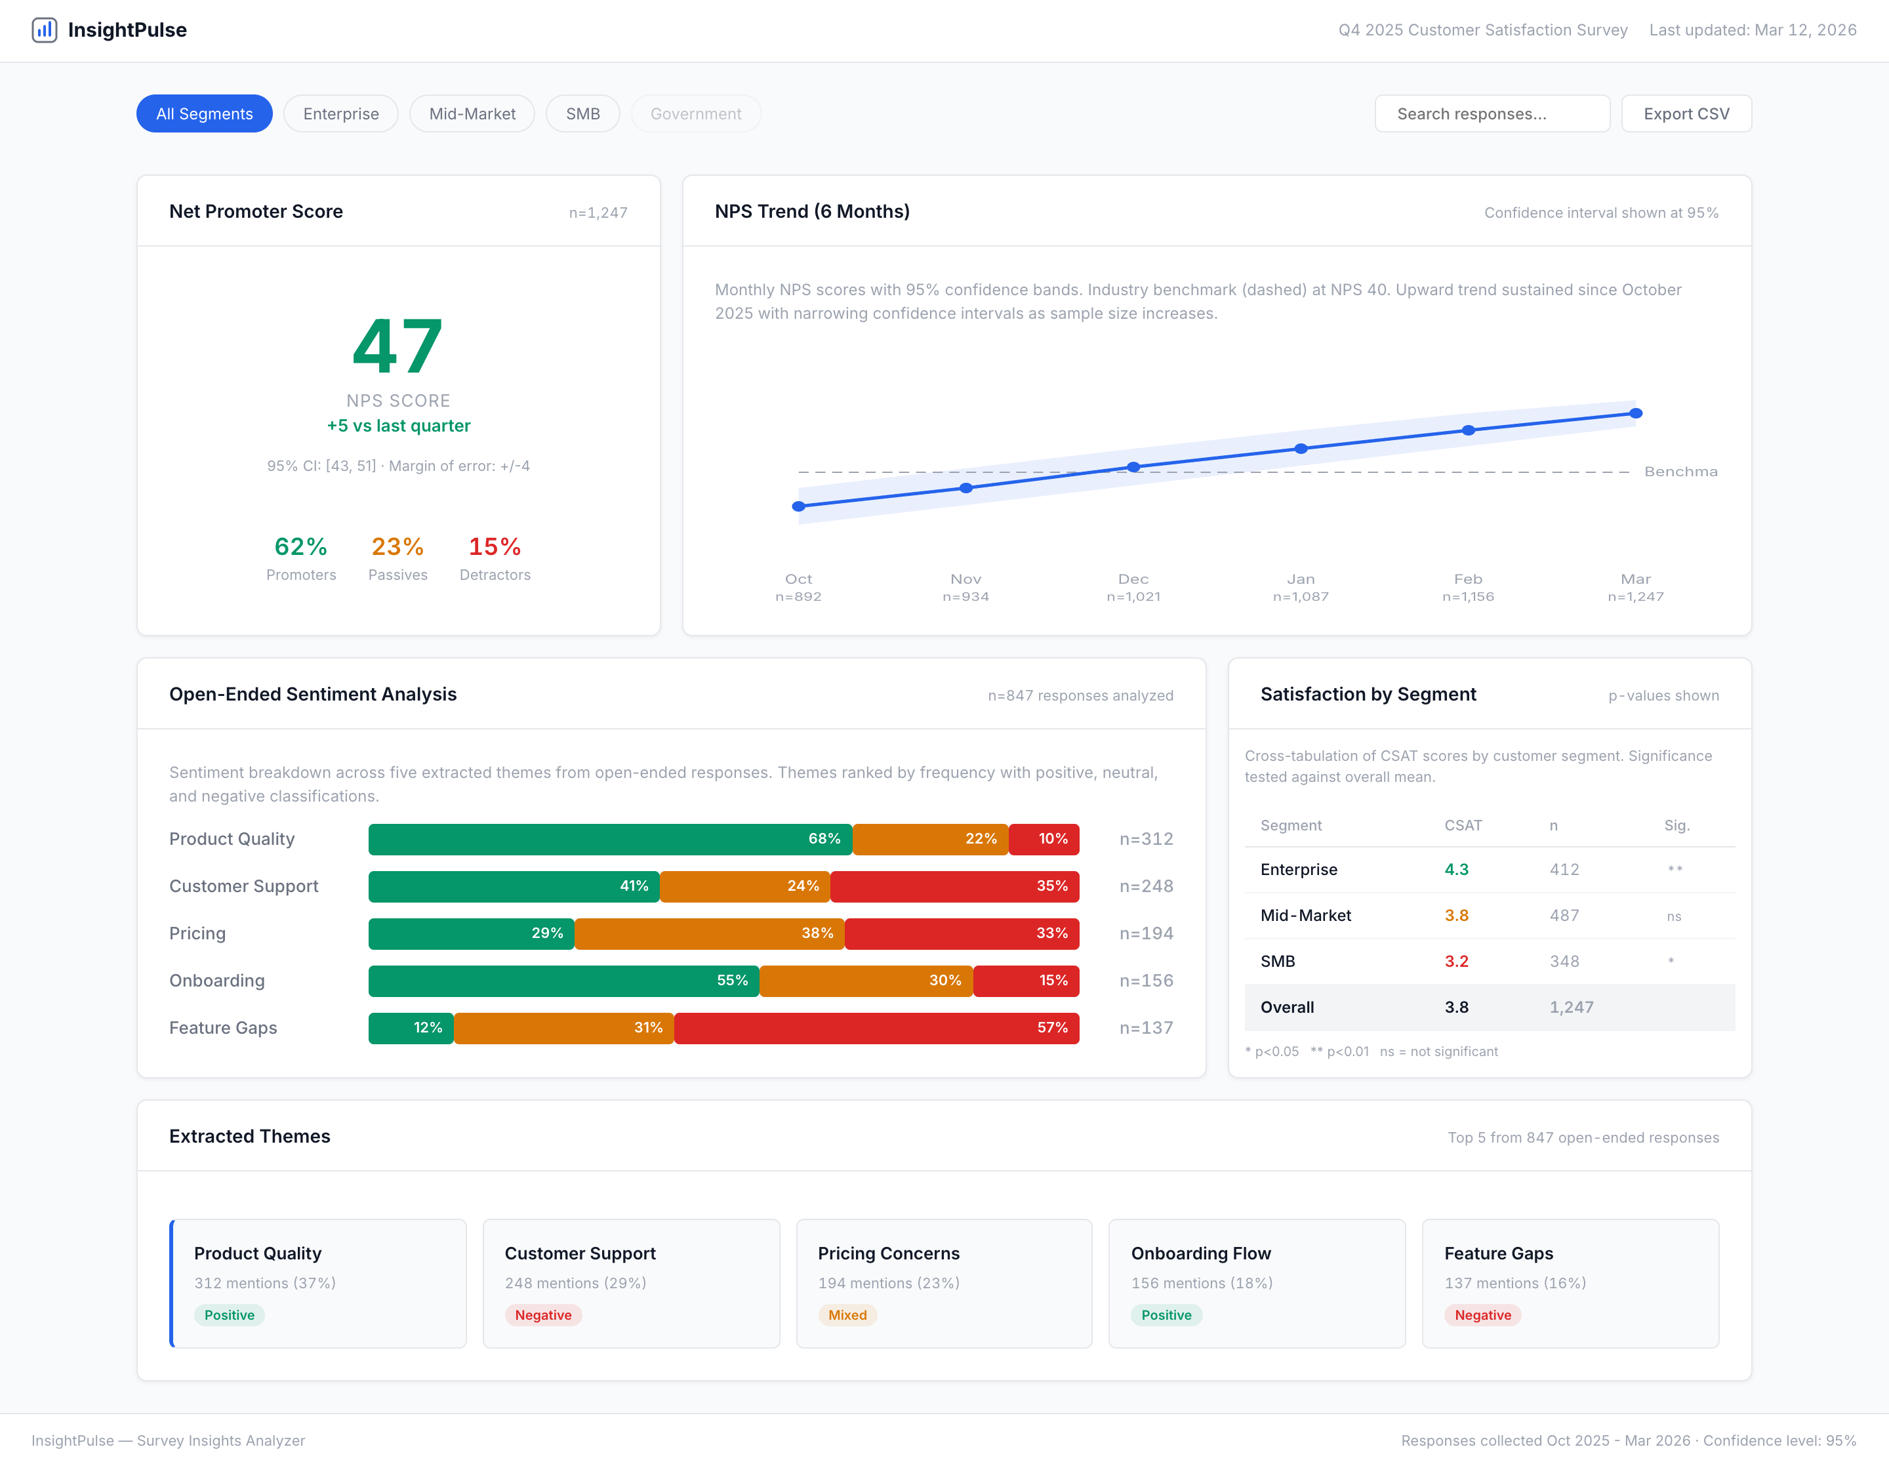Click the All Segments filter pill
coord(204,113)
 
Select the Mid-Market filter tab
coord(472,113)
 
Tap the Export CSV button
coord(1685,113)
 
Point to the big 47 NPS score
coord(398,347)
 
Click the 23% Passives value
coord(397,546)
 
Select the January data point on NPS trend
coord(1300,448)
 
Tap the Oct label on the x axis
coord(798,579)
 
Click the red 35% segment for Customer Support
coord(954,886)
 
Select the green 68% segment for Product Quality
coord(610,839)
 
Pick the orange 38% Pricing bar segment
coord(709,933)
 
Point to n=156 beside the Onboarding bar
coord(1145,980)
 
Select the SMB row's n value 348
coord(1564,961)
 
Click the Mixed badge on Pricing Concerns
coord(847,1315)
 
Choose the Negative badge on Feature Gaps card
coord(1482,1315)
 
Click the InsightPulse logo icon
coord(44,30)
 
